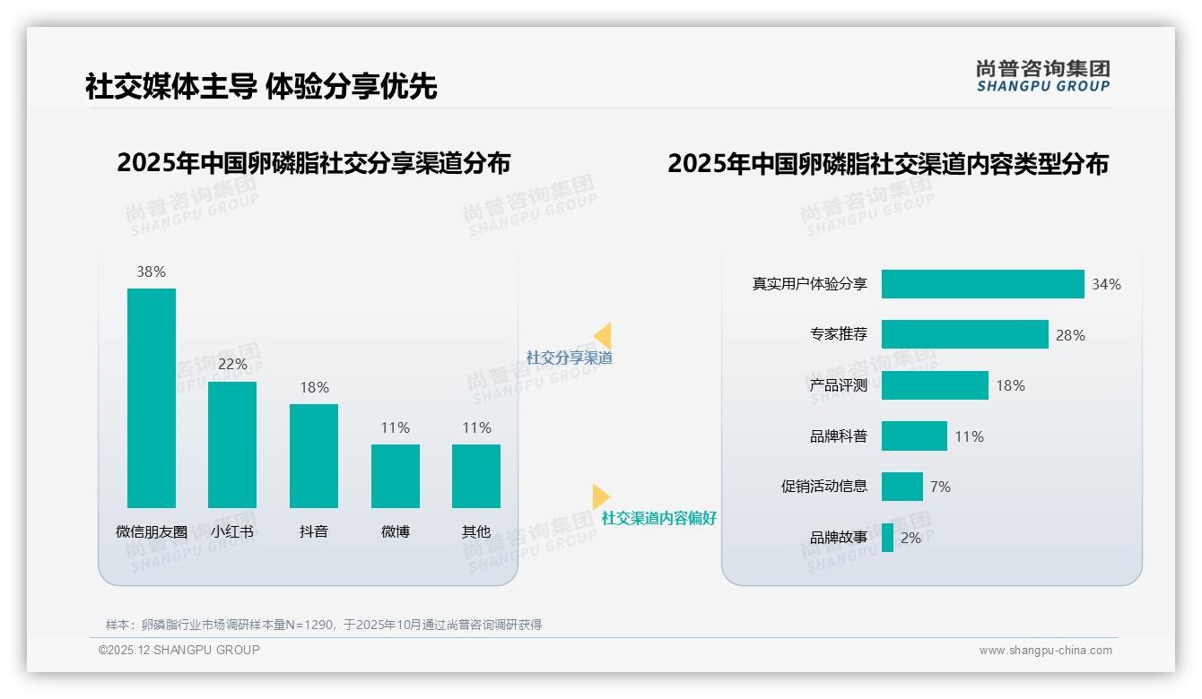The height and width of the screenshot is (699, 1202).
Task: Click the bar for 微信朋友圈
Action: tap(152, 398)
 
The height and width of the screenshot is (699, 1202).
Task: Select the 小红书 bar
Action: tap(232, 444)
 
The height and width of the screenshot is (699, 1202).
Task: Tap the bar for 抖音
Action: tap(314, 456)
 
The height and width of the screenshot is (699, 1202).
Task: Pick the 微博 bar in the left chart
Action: tap(396, 476)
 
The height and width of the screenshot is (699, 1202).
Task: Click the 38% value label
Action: tap(152, 272)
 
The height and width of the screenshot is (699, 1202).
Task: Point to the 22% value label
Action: tap(232, 365)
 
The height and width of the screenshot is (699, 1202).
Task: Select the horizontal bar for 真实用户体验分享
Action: tap(982, 284)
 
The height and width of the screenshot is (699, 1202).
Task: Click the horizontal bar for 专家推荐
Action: tap(964, 334)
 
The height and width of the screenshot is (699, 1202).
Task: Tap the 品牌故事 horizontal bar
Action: tap(887, 538)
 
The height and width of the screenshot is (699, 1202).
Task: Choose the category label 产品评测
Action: tap(838, 385)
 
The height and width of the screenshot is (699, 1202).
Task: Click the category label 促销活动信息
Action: tap(823, 487)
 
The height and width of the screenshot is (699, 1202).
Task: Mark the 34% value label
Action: tap(1106, 284)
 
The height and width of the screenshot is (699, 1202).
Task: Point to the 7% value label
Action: tap(940, 487)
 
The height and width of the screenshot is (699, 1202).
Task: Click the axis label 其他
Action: tap(476, 531)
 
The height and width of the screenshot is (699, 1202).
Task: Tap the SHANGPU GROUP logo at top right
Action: tap(1043, 76)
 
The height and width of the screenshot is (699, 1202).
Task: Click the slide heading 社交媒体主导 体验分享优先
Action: tap(261, 86)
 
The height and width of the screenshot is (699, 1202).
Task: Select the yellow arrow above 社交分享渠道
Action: tap(603, 336)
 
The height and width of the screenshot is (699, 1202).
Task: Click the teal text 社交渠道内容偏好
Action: tap(658, 518)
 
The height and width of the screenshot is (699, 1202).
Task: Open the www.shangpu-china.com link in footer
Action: tap(1045, 651)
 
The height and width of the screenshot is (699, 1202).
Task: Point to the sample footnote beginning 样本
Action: tap(324, 625)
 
